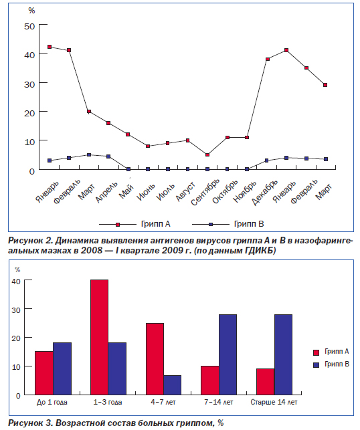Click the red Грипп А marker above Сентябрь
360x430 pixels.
pyautogui.click(x=207, y=154)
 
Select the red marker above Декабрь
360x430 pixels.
pyautogui.click(x=268, y=59)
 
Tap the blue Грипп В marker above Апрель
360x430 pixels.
pyautogui.click(x=108, y=156)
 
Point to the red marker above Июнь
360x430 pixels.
pyautogui.click(x=148, y=146)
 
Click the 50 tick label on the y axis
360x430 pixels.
pyautogui.click(x=29, y=27)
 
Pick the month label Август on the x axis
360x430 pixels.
pyautogui.click(x=185, y=191)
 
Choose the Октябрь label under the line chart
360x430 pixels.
pyautogui.click(x=225, y=192)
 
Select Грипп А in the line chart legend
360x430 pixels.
pyautogui.click(x=156, y=224)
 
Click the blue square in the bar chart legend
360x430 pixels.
pyautogui.click(x=316, y=364)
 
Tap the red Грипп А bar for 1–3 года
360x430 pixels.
pyautogui.click(x=99, y=337)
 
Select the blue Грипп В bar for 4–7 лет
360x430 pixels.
pyautogui.click(x=173, y=385)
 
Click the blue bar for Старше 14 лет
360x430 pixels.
pyautogui.click(x=283, y=354)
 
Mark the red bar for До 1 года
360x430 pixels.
pyautogui.click(x=44, y=373)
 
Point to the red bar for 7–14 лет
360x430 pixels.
pyautogui.click(x=210, y=381)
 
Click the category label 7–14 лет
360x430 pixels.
pyautogui.click(x=219, y=403)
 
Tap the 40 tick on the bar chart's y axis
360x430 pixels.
pyautogui.click(x=16, y=281)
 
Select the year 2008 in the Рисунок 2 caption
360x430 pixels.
pyautogui.click(x=92, y=250)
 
